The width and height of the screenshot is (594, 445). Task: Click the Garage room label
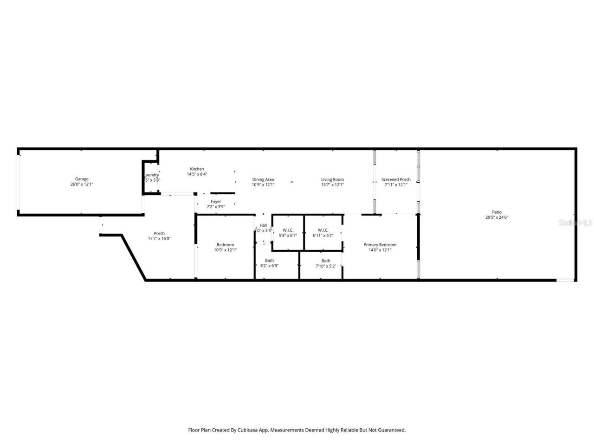tap(82, 179)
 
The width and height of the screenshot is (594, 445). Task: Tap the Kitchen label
tap(197, 169)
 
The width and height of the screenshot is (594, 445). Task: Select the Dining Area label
tap(263, 179)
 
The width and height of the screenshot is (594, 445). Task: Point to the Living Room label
tap(332, 179)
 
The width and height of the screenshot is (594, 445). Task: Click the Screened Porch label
tap(396, 179)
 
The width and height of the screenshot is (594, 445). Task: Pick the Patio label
tap(497, 212)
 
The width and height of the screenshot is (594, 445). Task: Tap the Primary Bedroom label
tap(380, 245)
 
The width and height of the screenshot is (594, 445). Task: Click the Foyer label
tap(216, 202)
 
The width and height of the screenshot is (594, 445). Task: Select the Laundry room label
tap(151, 175)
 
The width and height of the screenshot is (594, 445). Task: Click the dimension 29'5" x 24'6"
tap(497, 217)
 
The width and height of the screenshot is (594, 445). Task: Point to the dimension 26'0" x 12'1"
tap(82, 184)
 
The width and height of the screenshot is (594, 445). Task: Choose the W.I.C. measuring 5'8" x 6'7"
tap(288, 230)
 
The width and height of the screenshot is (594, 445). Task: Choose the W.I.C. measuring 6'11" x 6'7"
tap(323, 230)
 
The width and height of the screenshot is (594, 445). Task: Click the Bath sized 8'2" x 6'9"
tap(269, 261)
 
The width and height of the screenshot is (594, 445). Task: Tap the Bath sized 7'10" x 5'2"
tap(326, 261)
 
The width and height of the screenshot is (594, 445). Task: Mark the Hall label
tap(263, 225)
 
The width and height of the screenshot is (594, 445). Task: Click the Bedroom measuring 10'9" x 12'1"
tap(225, 245)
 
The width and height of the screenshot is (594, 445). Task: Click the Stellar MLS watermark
tap(575, 223)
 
